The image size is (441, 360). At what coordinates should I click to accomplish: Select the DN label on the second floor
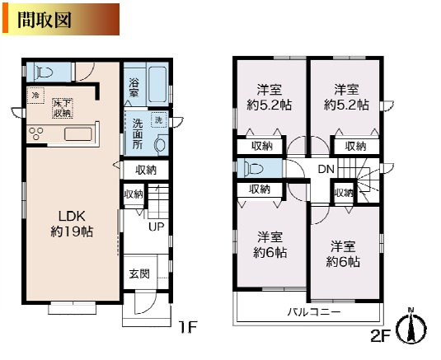327,169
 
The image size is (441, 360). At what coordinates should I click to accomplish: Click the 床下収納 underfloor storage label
63,107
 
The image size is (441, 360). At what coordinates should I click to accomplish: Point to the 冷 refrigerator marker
36,95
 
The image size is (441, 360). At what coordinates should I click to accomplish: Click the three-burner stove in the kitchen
38,133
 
